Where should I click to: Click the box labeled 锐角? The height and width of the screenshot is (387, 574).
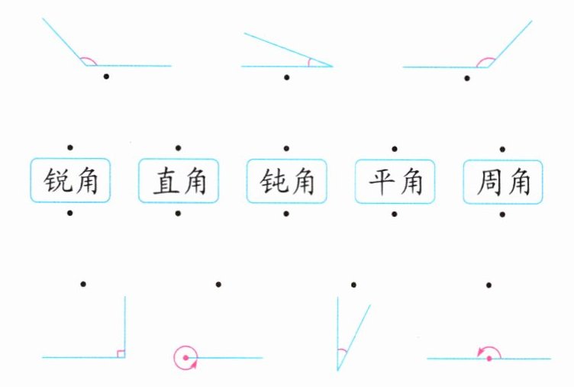click(69, 180)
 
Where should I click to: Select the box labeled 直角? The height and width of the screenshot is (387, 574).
click(178, 180)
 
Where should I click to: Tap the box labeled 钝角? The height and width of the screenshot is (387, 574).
click(286, 180)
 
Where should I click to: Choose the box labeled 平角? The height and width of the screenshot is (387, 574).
click(395, 180)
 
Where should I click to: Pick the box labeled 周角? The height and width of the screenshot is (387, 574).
click(502, 180)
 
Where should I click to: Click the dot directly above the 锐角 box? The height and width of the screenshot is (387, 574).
click(69, 147)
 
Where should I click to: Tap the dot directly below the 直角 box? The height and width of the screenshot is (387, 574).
click(178, 214)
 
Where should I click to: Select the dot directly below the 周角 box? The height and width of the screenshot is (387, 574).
click(502, 214)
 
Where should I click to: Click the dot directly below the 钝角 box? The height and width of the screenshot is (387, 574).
click(286, 214)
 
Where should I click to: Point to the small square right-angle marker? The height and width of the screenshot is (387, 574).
click(121, 353)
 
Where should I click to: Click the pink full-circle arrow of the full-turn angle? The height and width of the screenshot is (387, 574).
click(185, 357)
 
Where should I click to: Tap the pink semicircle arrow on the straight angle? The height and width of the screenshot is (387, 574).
click(489, 350)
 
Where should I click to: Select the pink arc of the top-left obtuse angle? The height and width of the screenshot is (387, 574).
click(89, 60)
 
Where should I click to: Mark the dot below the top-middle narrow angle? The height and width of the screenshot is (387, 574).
click(286, 76)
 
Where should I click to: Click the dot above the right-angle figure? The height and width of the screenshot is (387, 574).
click(82, 284)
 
